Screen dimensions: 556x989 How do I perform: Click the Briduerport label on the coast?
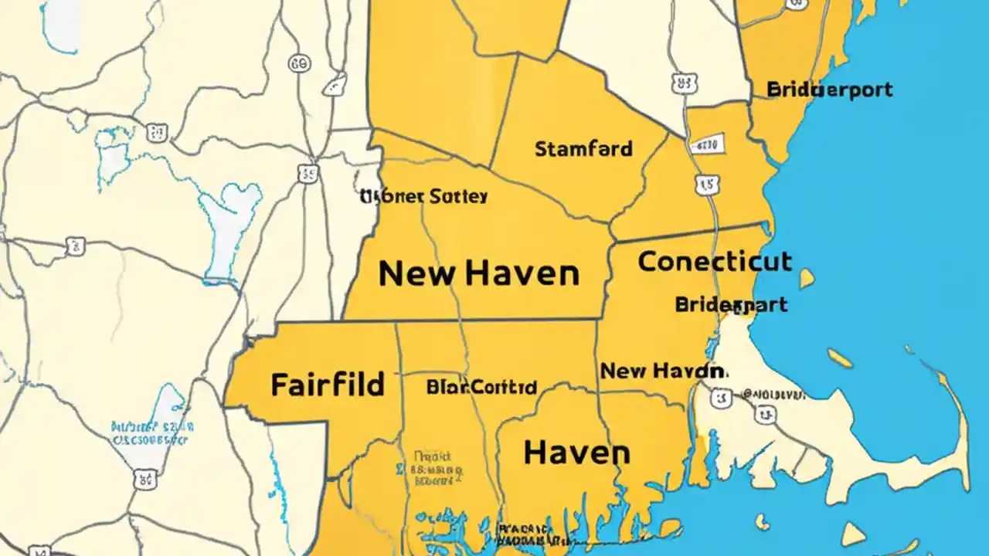829,90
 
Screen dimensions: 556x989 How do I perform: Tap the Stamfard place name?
583,148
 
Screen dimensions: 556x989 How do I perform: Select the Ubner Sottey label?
424,197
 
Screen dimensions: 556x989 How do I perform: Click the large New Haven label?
478,273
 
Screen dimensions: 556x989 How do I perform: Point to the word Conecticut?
715,262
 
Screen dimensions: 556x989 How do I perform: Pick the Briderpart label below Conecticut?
731,304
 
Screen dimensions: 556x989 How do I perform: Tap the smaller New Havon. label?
663,371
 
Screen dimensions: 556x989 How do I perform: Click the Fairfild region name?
328,384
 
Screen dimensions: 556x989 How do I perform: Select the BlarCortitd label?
481,387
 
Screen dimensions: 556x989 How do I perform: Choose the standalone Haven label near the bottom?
576,453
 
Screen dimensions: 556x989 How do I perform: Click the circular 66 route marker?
299,64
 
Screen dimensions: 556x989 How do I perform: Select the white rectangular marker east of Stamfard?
708,144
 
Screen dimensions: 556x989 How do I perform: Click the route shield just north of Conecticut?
704,184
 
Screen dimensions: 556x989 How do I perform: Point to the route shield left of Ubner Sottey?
308,173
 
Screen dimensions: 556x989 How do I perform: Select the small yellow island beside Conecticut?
806,278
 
